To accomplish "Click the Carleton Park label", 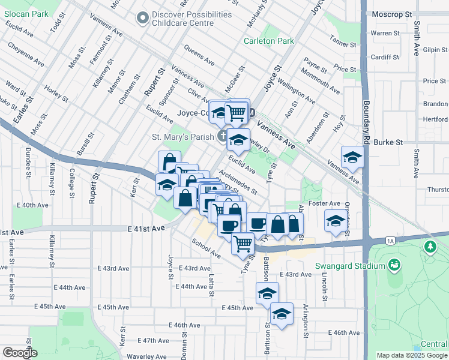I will (x=268, y=41).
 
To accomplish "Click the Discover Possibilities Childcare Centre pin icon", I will (x=142, y=19).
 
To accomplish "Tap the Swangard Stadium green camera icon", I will (x=394, y=265).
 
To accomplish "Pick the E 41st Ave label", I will (x=146, y=229).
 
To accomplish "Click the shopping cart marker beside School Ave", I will (x=243, y=242).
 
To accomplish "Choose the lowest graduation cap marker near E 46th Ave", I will (x=282, y=313).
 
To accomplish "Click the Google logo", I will (x=20, y=353).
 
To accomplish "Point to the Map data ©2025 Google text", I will (x=412, y=355).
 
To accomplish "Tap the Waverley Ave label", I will (x=145, y=356).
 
